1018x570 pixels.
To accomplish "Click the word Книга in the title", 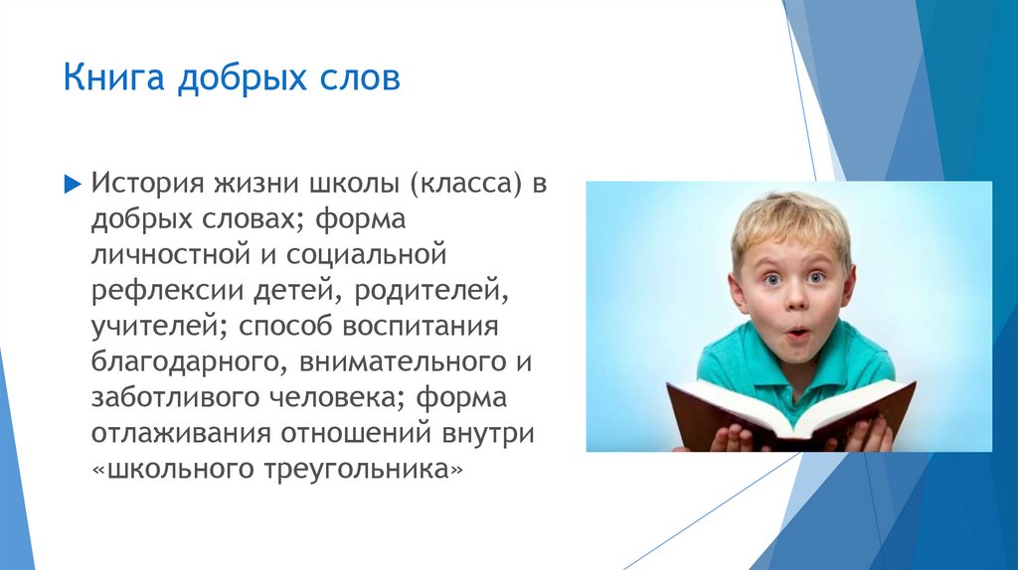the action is coord(113,77).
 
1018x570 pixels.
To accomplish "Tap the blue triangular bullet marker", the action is coord(73,184).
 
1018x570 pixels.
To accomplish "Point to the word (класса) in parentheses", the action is coord(465,184).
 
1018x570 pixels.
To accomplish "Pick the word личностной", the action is coord(170,253).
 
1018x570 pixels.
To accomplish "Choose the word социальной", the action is coord(366,253).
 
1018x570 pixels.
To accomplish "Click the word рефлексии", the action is coord(167,291).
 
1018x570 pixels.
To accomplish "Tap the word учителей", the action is coord(159,327).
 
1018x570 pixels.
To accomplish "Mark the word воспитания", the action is coord(421,326).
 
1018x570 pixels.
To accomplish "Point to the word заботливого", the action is coord(175,396).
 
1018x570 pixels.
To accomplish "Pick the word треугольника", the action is coord(357,469).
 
